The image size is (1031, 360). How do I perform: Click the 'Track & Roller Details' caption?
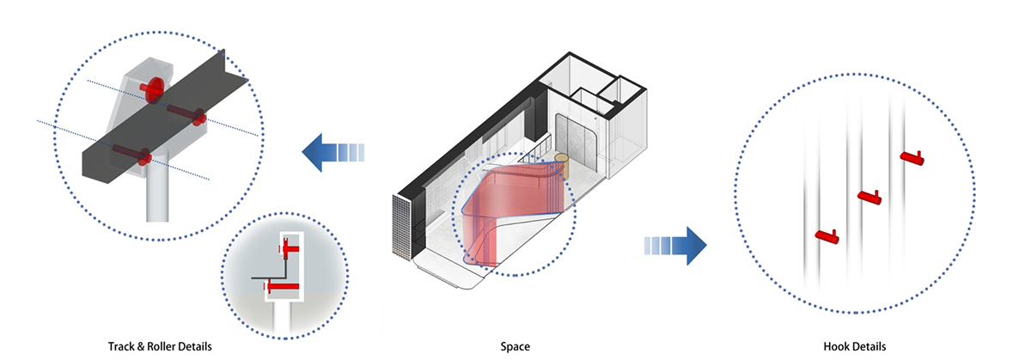click(x=160, y=347)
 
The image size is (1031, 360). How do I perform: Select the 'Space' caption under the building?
click(x=515, y=347)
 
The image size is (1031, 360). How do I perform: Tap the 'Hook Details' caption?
click(x=854, y=347)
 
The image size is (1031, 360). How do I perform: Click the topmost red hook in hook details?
click(x=912, y=158)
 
